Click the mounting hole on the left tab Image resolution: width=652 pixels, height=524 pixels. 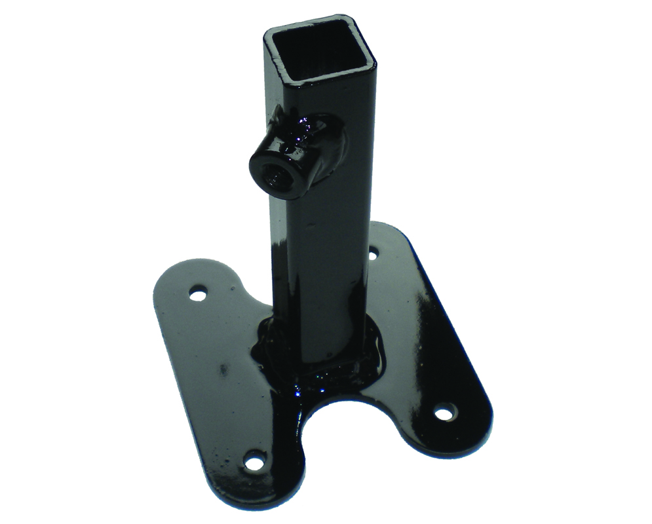coord(197,294)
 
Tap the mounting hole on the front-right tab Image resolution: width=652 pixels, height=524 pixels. coord(446,413)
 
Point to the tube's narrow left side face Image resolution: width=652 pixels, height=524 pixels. coord(276,262)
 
